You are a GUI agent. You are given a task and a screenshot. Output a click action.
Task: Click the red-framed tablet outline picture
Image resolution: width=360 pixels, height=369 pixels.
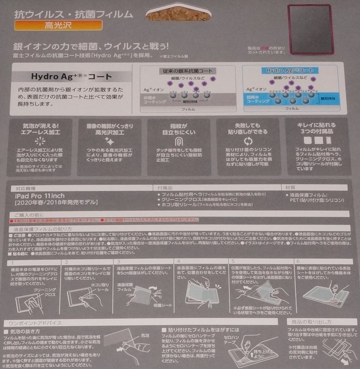tap(310, 30)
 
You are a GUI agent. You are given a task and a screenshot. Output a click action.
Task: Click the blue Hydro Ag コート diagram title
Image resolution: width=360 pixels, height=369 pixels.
tap(290, 71)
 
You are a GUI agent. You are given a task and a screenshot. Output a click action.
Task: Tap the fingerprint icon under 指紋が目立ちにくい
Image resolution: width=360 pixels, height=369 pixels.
tap(179, 140)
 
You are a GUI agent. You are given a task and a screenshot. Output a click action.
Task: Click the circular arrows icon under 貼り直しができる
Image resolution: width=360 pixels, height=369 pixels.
tap(248, 140)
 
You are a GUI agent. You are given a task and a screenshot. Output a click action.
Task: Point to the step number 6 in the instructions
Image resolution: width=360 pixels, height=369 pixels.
tap(298, 262)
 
